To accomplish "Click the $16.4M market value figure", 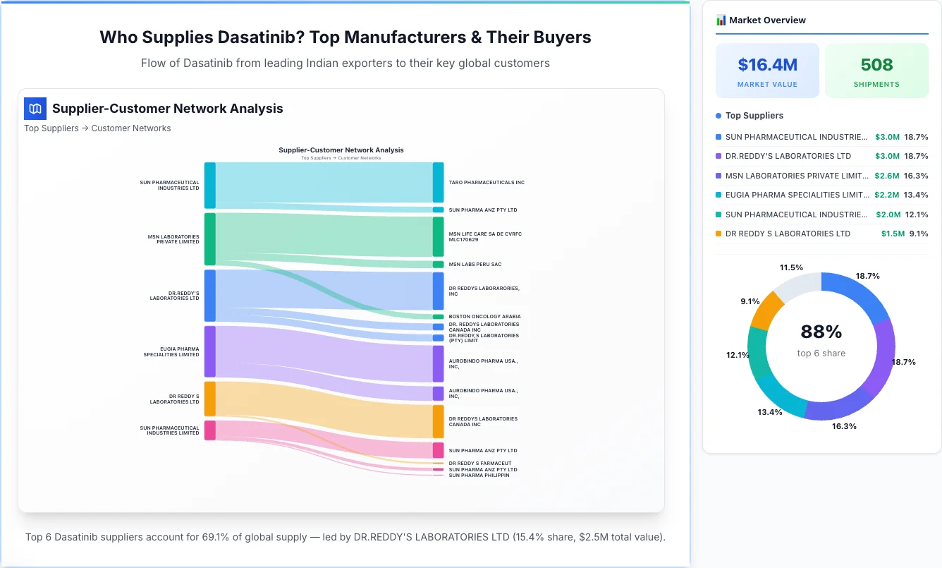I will (x=767, y=65).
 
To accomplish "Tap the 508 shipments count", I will (x=876, y=65).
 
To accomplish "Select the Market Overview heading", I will (x=767, y=20).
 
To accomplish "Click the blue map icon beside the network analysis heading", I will (x=35, y=109).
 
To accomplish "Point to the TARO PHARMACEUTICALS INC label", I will (x=487, y=183).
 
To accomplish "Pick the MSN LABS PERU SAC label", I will (x=475, y=265).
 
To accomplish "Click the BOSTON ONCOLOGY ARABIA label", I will (x=484, y=317).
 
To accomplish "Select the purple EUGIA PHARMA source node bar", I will (x=209, y=351).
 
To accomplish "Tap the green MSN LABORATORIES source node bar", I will (x=209, y=239).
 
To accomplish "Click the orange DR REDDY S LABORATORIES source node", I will (x=209, y=399).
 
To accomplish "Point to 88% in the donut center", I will (x=821, y=332).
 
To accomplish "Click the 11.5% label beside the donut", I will (x=791, y=267).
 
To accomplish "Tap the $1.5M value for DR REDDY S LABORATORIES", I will (x=893, y=234).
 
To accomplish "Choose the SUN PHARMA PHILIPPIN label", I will (x=479, y=476).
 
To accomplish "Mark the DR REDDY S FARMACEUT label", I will (x=480, y=464).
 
